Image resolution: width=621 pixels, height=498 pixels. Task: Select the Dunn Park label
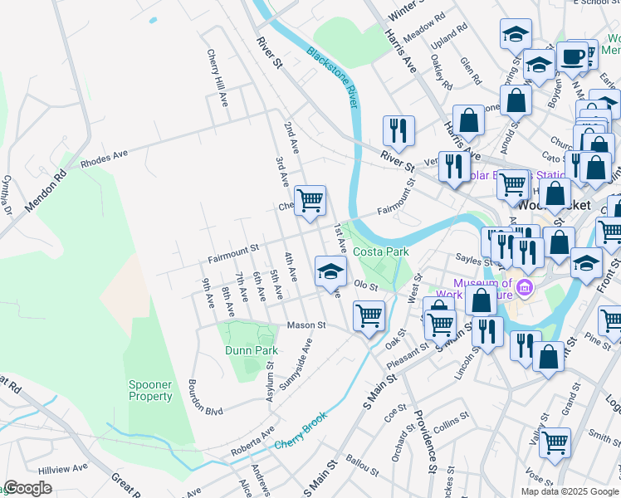pyautogui.click(x=251, y=350)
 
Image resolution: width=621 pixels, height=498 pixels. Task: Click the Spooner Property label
pyautogui.click(x=150, y=390)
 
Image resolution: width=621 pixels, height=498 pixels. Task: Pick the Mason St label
pyautogui.click(x=306, y=325)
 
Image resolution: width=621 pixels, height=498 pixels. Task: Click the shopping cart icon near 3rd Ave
pyautogui.click(x=310, y=200)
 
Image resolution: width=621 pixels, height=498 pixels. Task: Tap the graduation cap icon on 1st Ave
pyautogui.click(x=330, y=271)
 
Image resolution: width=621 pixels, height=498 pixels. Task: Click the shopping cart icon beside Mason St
pyautogui.click(x=368, y=315)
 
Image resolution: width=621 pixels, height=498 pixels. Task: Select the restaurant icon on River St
pyautogui.click(x=399, y=130)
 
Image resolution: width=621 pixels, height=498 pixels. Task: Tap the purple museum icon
pyautogui.click(x=524, y=289)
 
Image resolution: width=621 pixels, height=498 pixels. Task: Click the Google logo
pyautogui.click(x=27, y=488)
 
